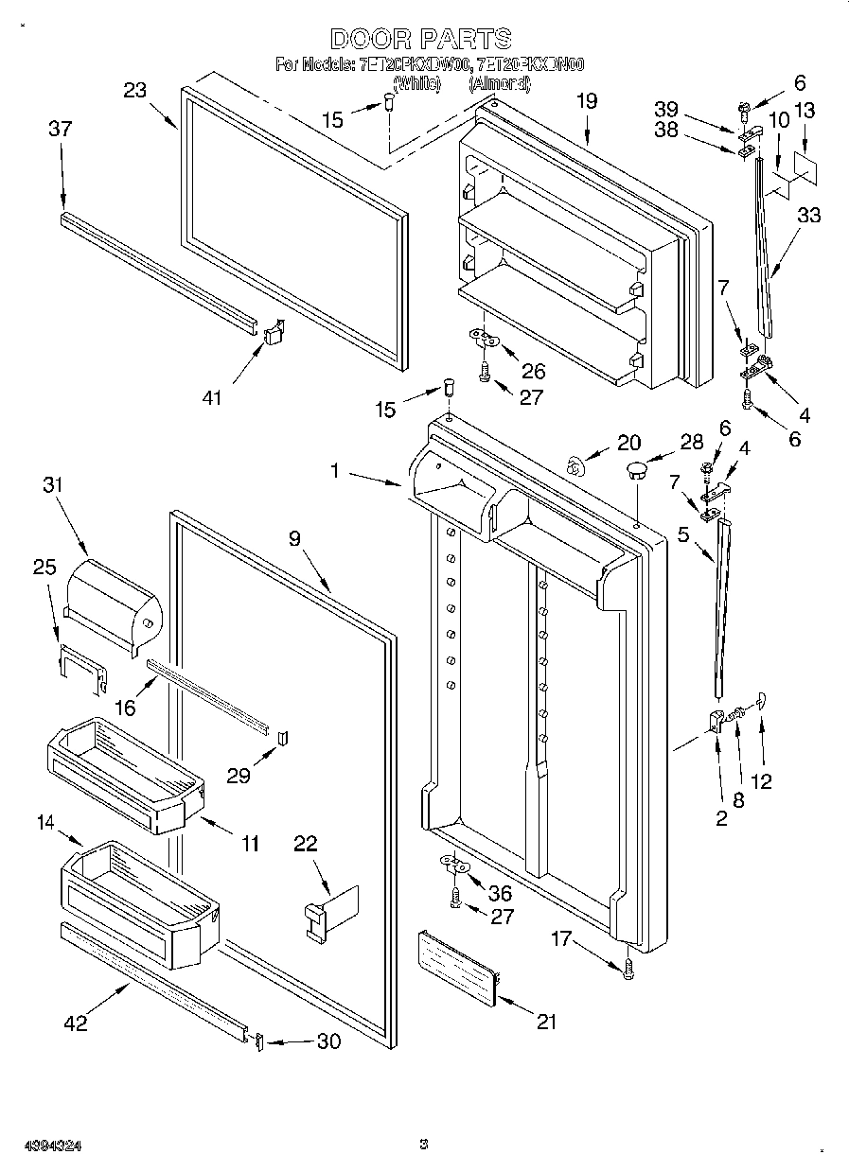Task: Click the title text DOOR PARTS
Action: [x=422, y=39]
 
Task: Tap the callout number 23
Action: [x=135, y=90]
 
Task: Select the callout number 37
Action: [x=60, y=130]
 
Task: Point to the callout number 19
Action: [x=587, y=100]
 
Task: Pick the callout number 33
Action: [x=808, y=216]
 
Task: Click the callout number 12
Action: [x=760, y=781]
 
